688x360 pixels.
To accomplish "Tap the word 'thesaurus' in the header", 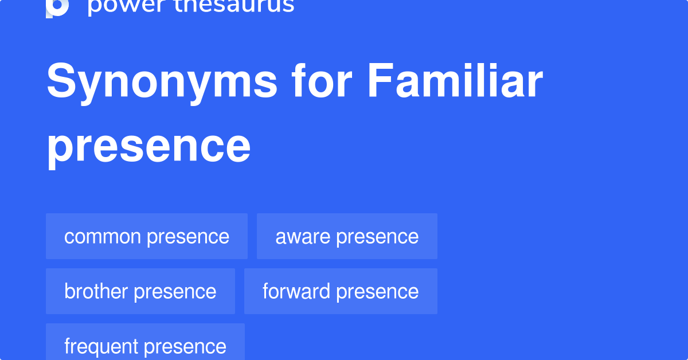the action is pyautogui.click(x=234, y=6).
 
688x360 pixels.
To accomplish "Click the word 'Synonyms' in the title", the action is pyautogui.click(x=162, y=82).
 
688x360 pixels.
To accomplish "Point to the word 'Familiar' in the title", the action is pyautogui.click(x=455, y=80).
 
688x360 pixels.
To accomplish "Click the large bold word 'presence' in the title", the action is pyautogui.click(x=148, y=147).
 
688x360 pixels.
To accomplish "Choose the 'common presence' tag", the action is pyautogui.click(x=147, y=236).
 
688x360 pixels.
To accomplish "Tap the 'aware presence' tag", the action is pyautogui.click(x=347, y=236).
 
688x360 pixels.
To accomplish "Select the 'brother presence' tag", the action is pyautogui.click(x=140, y=291).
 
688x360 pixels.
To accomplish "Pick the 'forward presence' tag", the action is pyautogui.click(x=341, y=291).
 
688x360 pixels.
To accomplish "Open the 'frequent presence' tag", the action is pyautogui.click(x=145, y=342).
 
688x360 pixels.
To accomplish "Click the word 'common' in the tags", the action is pyautogui.click(x=103, y=237).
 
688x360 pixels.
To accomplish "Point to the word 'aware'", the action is pyautogui.click(x=303, y=237).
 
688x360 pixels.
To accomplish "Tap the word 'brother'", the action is pyautogui.click(x=96, y=291).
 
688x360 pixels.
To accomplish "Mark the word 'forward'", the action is pyautogui.click(x=296, y=291).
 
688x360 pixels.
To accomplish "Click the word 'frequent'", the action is pyautogui.click(x=101, y=347).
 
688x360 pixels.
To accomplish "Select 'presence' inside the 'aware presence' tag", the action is pyautogui.click(x=377, y=238).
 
